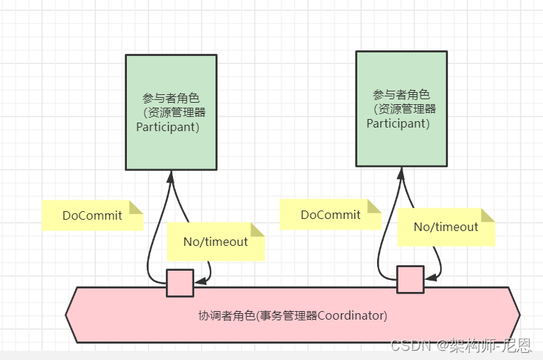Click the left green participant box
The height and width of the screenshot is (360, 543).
(x=171, y=112)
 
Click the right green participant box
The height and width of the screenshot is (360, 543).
(x=401, y=108)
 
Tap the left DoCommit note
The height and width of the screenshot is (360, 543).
(x=92, y=215)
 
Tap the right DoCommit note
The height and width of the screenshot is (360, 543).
(x=330, y=215)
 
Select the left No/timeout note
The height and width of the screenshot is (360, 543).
(x=215, y=242)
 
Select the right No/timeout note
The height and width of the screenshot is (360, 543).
(x=446, y=227)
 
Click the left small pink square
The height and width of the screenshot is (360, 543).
(x=180, y=283)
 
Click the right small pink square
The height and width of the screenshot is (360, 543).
(x=410, y=279)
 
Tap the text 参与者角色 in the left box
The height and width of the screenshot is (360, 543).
(x=171, y=98)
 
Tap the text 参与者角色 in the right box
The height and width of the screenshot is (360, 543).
(x=401, y=94)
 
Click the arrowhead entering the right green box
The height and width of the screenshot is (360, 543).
(x=401, y=171)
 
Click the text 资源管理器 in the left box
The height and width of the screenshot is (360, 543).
(x=178, y=113)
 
